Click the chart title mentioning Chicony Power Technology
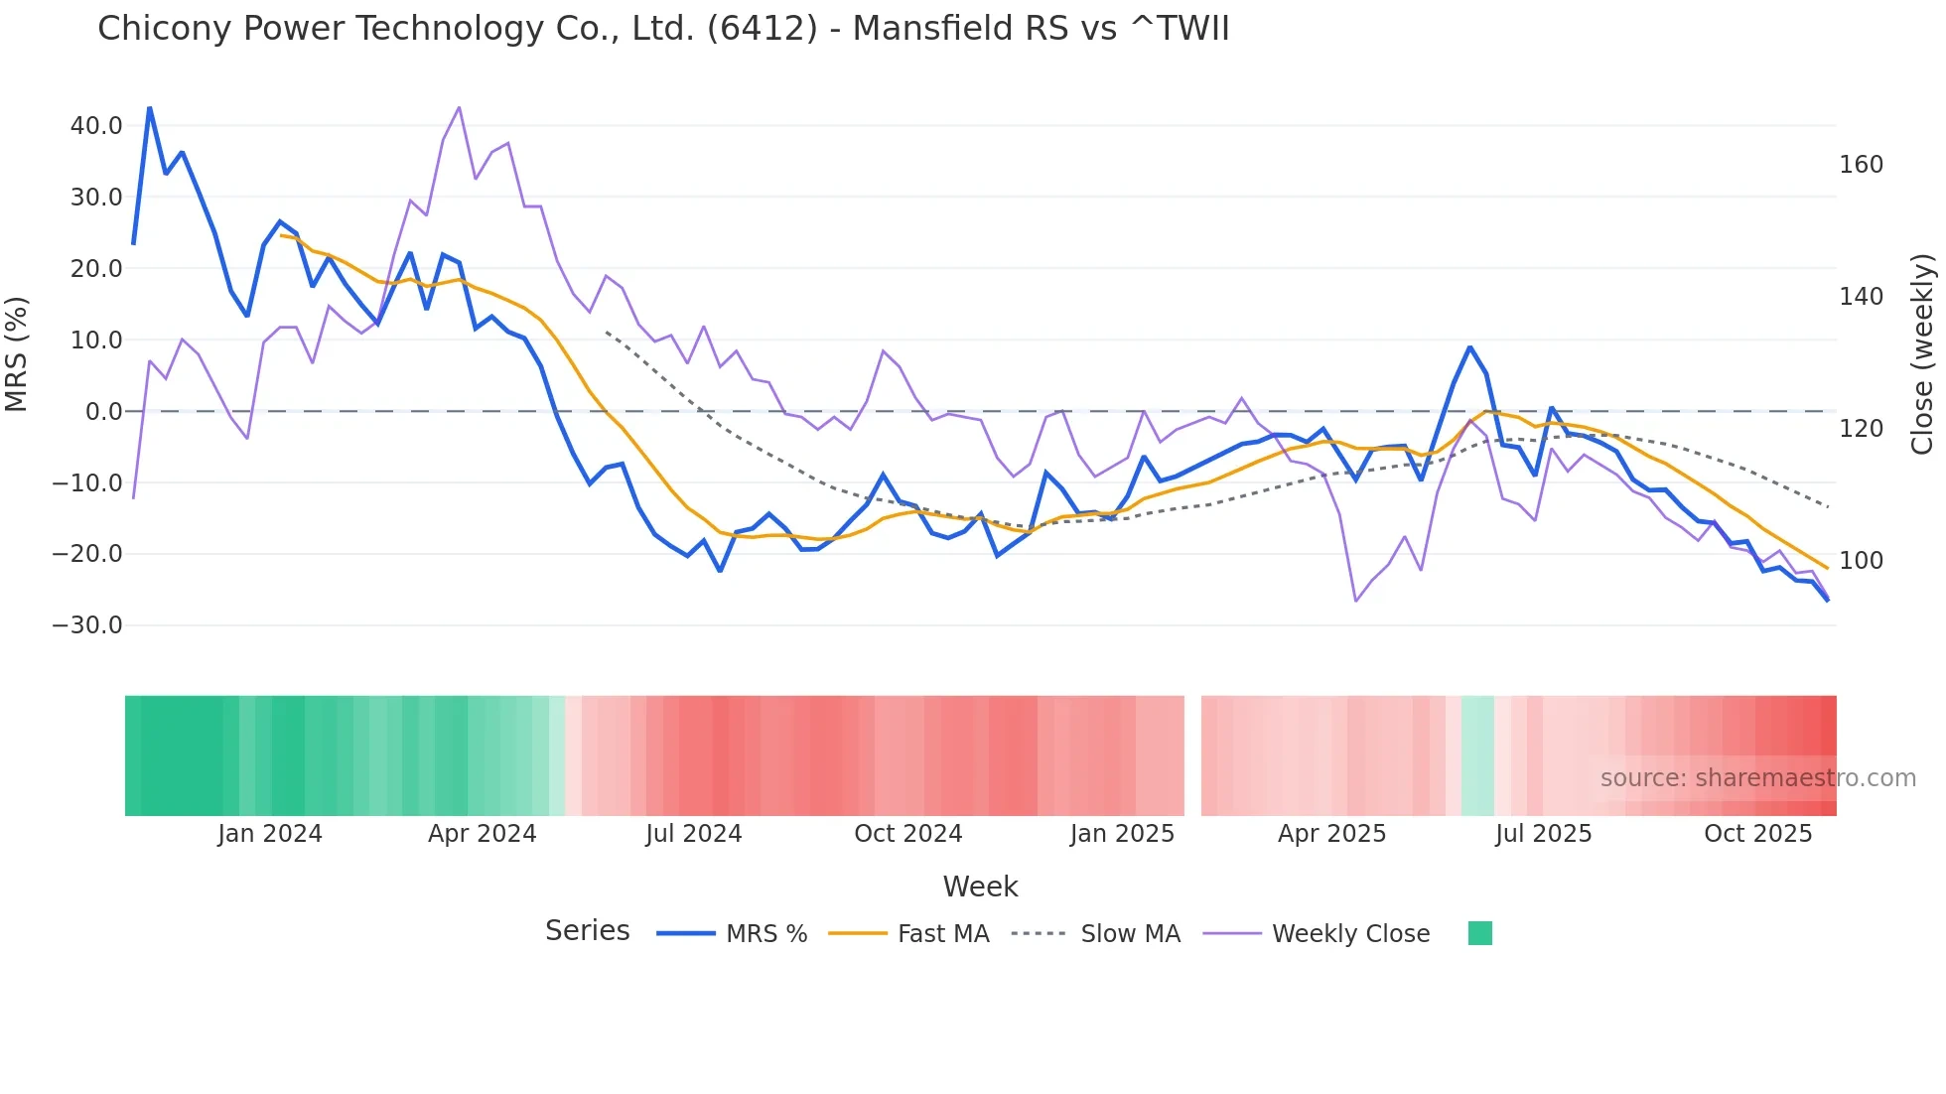pos(663,29)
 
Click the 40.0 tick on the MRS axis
pos(96,126)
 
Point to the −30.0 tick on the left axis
pos(87,625)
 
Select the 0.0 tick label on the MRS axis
pos(104,411)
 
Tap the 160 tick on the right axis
pos(1861,165)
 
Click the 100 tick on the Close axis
pos(1861,561)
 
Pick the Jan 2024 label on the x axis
pos(270,834)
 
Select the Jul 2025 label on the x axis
pos(1543,834)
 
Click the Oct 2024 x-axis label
pos(907,834)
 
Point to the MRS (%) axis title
pos(17,353)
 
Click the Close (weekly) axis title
pos(1922,354)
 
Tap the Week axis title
pos(980,887)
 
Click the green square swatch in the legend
pos(1479,934)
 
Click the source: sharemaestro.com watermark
pos(1757,778)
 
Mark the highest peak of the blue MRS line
pos(150,107)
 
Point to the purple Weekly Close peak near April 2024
pos(459,107)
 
